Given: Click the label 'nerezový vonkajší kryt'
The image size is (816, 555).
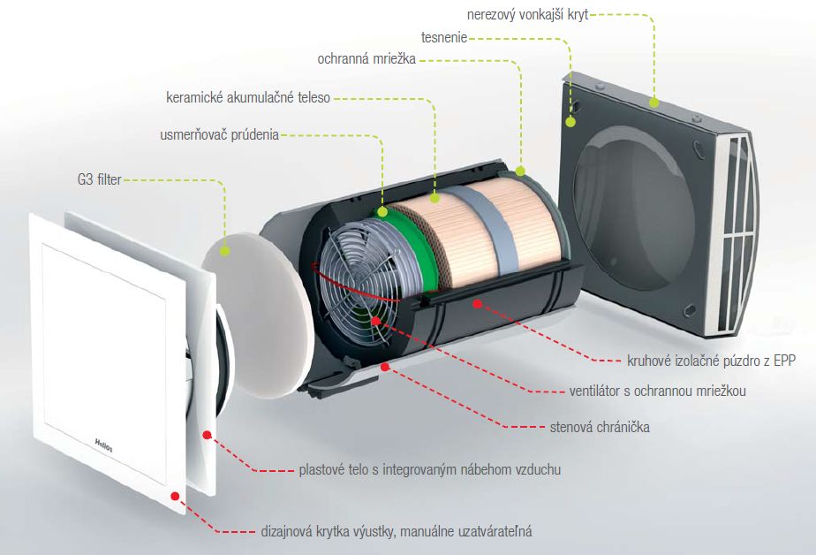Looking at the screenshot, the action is tap(527, 14).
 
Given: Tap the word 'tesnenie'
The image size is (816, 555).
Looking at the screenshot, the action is tap(444, 37).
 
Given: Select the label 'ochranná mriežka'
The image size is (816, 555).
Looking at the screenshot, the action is tap(366, 59).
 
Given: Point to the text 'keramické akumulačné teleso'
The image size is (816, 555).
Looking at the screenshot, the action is tap(248, 97).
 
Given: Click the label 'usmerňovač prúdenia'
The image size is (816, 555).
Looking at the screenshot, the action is tap(219, 135).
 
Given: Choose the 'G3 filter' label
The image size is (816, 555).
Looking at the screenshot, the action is tap(99, 179).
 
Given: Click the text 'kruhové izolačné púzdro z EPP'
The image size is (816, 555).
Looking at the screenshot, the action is tap(712, 361).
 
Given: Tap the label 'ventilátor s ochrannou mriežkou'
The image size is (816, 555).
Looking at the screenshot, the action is tap(657, 391).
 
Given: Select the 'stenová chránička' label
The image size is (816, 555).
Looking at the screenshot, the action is tap(600, 427).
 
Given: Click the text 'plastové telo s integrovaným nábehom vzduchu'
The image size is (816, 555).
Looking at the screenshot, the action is tap(430, 469).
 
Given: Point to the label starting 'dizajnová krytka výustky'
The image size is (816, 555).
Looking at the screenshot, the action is tap(397, 531).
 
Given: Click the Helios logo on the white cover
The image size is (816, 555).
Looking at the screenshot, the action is tap(103, 445).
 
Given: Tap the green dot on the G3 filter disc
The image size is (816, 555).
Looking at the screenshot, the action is tap(224, 250).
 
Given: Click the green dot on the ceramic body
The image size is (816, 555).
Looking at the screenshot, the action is tap(435, 198).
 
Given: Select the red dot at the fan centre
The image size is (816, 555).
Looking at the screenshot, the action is tap(375, 321).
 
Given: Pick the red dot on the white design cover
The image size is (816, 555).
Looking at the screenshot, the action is tap(176, 496).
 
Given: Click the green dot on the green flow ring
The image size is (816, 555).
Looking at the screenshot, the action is tap(382, 211).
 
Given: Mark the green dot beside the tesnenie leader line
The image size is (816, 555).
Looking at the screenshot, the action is tap(570, 122).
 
